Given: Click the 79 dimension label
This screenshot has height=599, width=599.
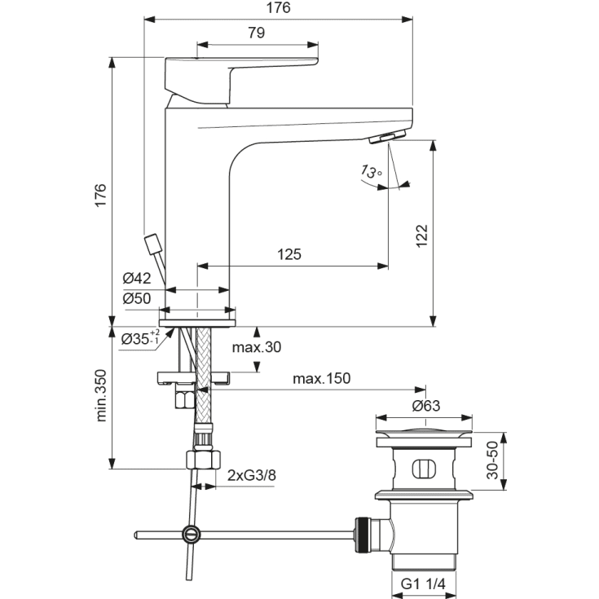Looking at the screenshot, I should pyautogui.click(x=257, y=33).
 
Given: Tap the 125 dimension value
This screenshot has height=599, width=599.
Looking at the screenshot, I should pyautogui.click(x=288, y=254).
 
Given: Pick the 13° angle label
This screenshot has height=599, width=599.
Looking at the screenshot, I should pyautogui.click(x=370, y=171).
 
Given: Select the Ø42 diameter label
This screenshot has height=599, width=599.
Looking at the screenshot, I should pyautogui.click(x=138, y=279).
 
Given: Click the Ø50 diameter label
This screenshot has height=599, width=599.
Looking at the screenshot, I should pyautogui.click(x=138, y=298).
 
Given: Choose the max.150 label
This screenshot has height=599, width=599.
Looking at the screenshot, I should pyautogui.click(x=322, y=378).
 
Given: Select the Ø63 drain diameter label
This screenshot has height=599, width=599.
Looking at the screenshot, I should pyautogui.click(x=426, y=406).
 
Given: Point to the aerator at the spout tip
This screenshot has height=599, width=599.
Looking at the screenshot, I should pyautogui.click(x=388, y=137).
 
